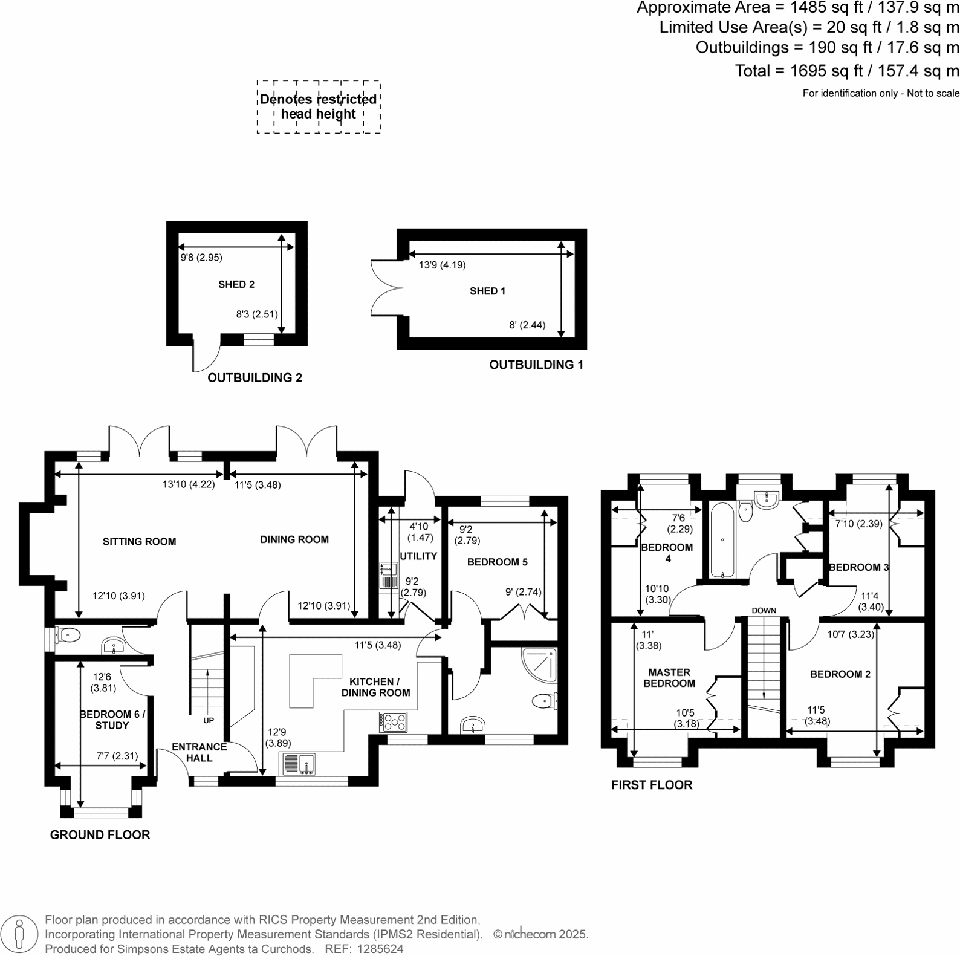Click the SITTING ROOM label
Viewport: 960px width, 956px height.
(139, 542)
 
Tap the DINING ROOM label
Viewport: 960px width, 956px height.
(294, 539)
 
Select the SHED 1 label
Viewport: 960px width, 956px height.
(487, 291)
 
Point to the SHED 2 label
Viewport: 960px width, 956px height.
(236, 284)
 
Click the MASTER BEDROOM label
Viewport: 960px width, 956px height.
(669, 678)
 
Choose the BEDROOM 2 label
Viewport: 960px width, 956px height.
(840, 674)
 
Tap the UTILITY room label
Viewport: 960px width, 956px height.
(418, 556)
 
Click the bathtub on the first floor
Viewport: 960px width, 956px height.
(722, 540)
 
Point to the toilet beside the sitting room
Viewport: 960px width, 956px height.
(67, 635)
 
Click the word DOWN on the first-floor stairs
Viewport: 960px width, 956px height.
(764, 610)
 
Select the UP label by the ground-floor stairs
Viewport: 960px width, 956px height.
(209, 720)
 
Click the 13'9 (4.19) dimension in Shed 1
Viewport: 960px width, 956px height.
(443, 265)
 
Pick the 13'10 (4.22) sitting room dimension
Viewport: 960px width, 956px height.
(189, 484)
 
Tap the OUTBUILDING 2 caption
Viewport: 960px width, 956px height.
(255, 378)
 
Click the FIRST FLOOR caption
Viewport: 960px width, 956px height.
(652, 785)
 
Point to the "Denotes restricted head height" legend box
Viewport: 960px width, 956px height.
(319, 107)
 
